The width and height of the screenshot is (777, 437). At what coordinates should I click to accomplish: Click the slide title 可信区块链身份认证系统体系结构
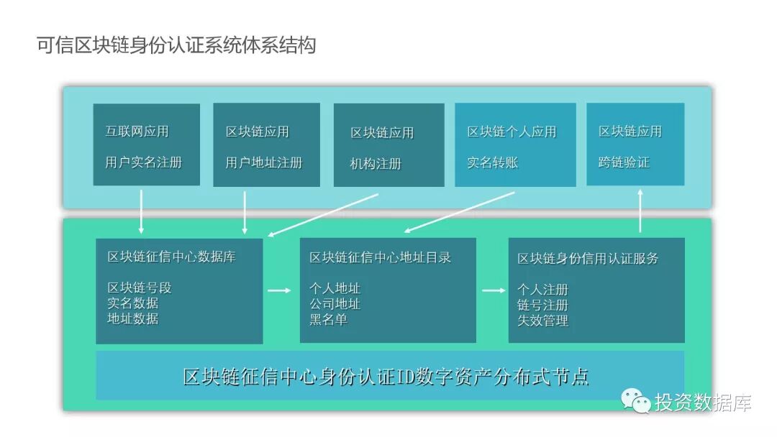pyautogui.click(x=176, y=46)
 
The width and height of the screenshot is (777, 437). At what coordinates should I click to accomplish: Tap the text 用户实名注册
pyautogui.click(x=143, y=162)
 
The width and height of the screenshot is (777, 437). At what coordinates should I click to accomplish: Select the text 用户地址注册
pyautogui.click(x=263, y=162)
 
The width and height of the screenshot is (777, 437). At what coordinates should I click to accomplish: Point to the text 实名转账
pyautogui.click(x=493, y=162)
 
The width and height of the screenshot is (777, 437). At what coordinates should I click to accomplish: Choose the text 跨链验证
pyautogui.click(x=624, y=162)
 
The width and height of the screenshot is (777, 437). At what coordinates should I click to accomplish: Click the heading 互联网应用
pyautogui.click(x=137, y=132)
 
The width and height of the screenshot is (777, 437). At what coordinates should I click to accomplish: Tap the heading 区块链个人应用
pyautogui.click(x=512, y=132)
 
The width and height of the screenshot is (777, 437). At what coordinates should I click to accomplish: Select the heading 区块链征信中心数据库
pyautogui.click(x=171, y=257)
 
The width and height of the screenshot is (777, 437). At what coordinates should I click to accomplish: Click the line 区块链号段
pyautogui.click(x=140, y=287)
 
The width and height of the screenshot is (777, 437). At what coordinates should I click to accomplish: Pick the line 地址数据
pyautogui.click(x=132, y=318)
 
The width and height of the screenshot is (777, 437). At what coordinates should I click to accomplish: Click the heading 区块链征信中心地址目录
pyautogui.click(x=380, y=257)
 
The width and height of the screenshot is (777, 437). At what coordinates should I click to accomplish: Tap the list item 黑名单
pyautogui.click(x=329, y=319)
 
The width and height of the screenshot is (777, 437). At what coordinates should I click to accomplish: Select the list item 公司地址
pyautogui.click(x=335, y=303)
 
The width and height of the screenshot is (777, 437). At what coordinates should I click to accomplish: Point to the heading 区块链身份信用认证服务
pyautogui.click(x=588, y=258)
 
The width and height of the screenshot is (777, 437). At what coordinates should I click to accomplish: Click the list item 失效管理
pyautogui.click(x=542, y=321)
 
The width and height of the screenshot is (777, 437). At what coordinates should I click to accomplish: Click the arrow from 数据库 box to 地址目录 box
pyautogui.click(x=279, y=290)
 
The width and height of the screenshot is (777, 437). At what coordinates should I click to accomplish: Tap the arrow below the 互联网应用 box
pyautogui.click(x=141, y=211)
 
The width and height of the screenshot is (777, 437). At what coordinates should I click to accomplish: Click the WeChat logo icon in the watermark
pyautogui.click(x=635, y=400)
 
